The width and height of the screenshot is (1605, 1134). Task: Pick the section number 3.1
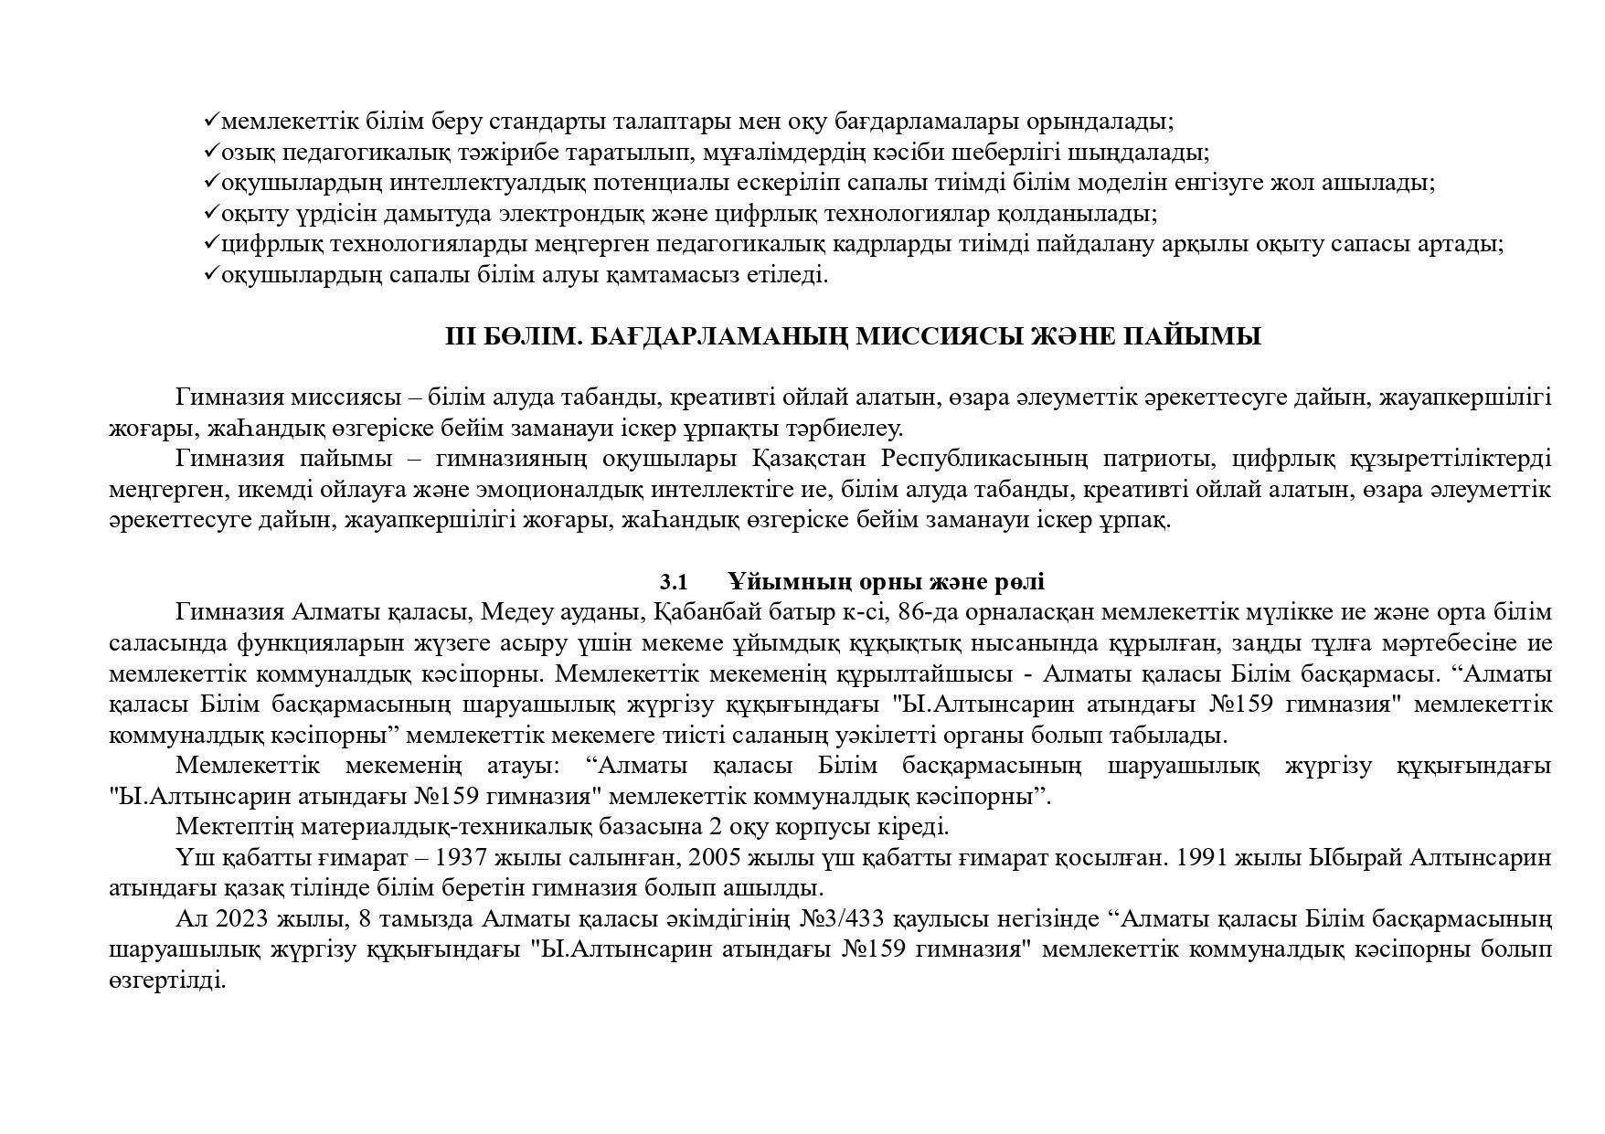[x=674, y=582]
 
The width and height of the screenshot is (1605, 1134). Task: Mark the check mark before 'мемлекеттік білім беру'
[x=211, y=120]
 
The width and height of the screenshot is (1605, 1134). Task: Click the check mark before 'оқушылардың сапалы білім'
[x=211, y=273]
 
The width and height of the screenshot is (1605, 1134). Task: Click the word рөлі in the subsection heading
[x=1019, y=582]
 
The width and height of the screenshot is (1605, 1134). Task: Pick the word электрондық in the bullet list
[x=568, y=214]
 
